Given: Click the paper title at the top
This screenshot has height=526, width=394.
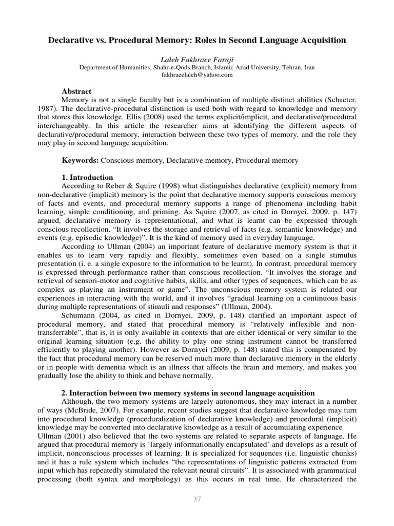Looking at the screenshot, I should point(197,40).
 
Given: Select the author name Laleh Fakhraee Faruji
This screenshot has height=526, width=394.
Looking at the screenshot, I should point(197,59).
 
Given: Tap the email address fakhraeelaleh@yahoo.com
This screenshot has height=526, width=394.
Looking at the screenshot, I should point(197,74).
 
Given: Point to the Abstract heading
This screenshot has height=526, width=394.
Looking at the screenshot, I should point(76,91).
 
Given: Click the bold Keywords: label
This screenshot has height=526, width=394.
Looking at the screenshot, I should point(80,161).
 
